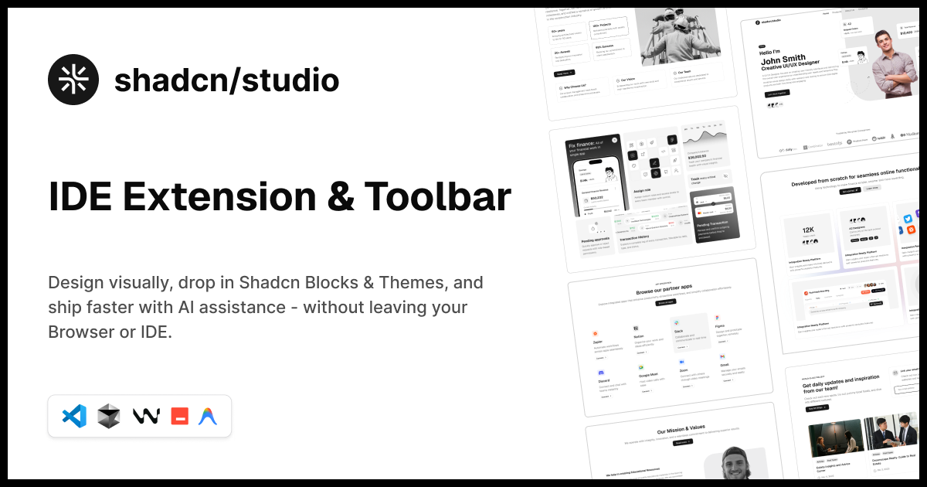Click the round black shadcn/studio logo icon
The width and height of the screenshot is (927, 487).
(73, 80)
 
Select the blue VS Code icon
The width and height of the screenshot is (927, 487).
(74, 416)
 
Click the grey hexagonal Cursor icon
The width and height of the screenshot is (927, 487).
(109, 416)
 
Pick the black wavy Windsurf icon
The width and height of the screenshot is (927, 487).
(145, 416)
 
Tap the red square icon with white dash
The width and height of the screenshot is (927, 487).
(179, 416)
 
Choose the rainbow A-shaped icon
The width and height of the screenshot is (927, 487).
(208, 416)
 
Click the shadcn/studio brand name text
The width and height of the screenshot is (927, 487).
(226, 80)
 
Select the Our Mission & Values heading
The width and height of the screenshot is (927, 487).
(681, 432)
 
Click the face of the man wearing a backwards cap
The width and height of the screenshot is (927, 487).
(742, 463)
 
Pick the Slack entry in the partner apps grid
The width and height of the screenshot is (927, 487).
(678, 331)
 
